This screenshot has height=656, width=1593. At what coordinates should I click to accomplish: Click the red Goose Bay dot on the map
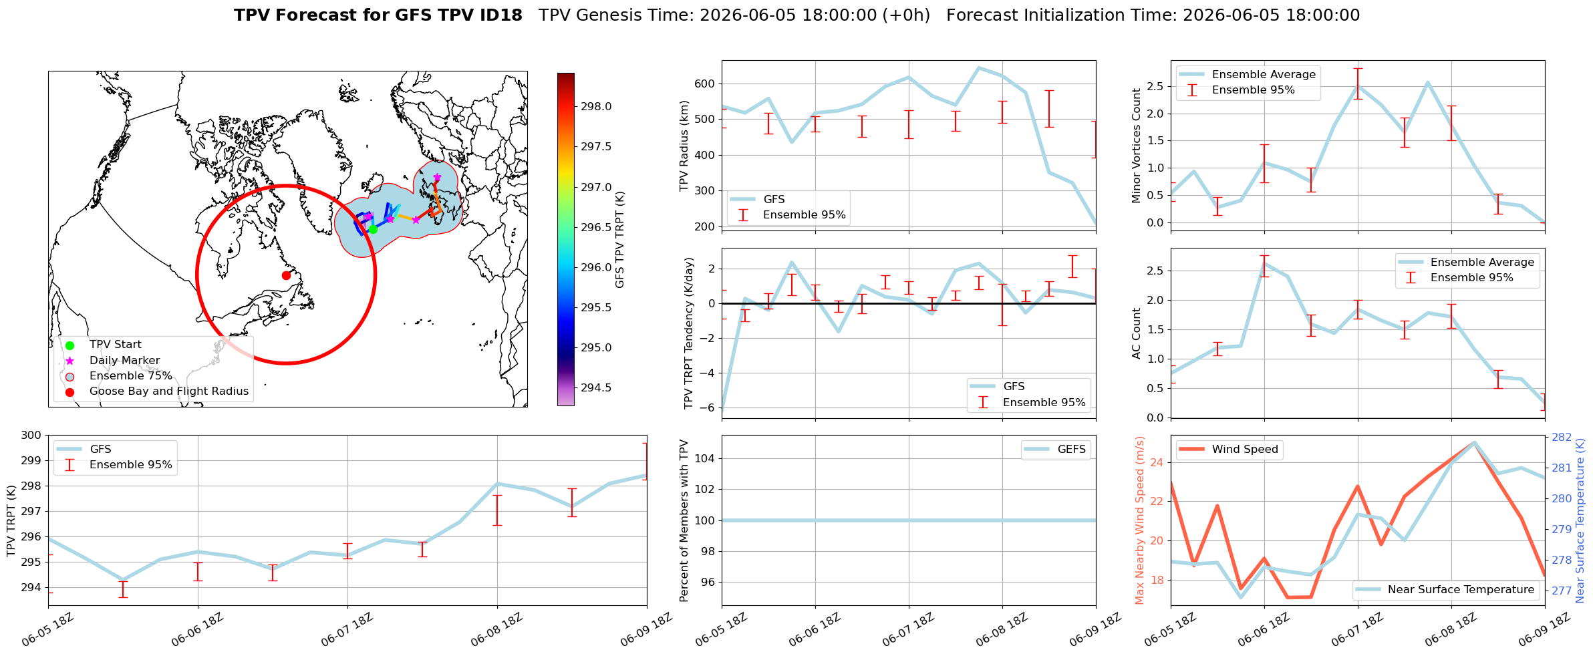pyautogui.click(x=286, y=275)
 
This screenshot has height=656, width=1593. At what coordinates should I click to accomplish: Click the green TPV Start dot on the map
pyautogui.click(x=373, y=229)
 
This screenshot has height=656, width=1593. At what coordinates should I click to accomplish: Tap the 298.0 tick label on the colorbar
pyautogui.click(x=596, y=107)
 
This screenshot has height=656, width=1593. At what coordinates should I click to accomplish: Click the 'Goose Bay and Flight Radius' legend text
pyautogui.click(x=169, y=391)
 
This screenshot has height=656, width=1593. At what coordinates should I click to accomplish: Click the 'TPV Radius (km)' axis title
pyautogui.click(x=684, y=146)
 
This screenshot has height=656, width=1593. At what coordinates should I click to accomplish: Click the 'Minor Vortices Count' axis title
pyautogui.click(x=1136, y=146)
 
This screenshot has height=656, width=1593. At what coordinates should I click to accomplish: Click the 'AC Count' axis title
pyautogui.click(x=1136, y=333)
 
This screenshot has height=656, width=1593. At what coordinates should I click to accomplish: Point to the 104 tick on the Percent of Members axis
pyautogui.click(x=706, y=458)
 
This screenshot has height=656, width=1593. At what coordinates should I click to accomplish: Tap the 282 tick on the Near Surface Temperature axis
pyautogui.click(x=1561, y=438)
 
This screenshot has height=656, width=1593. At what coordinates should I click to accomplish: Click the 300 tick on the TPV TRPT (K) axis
pyautogui.click(x=31, y=436)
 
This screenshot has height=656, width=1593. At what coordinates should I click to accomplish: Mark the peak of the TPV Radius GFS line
pyautogui.click(x=979, y=67)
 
